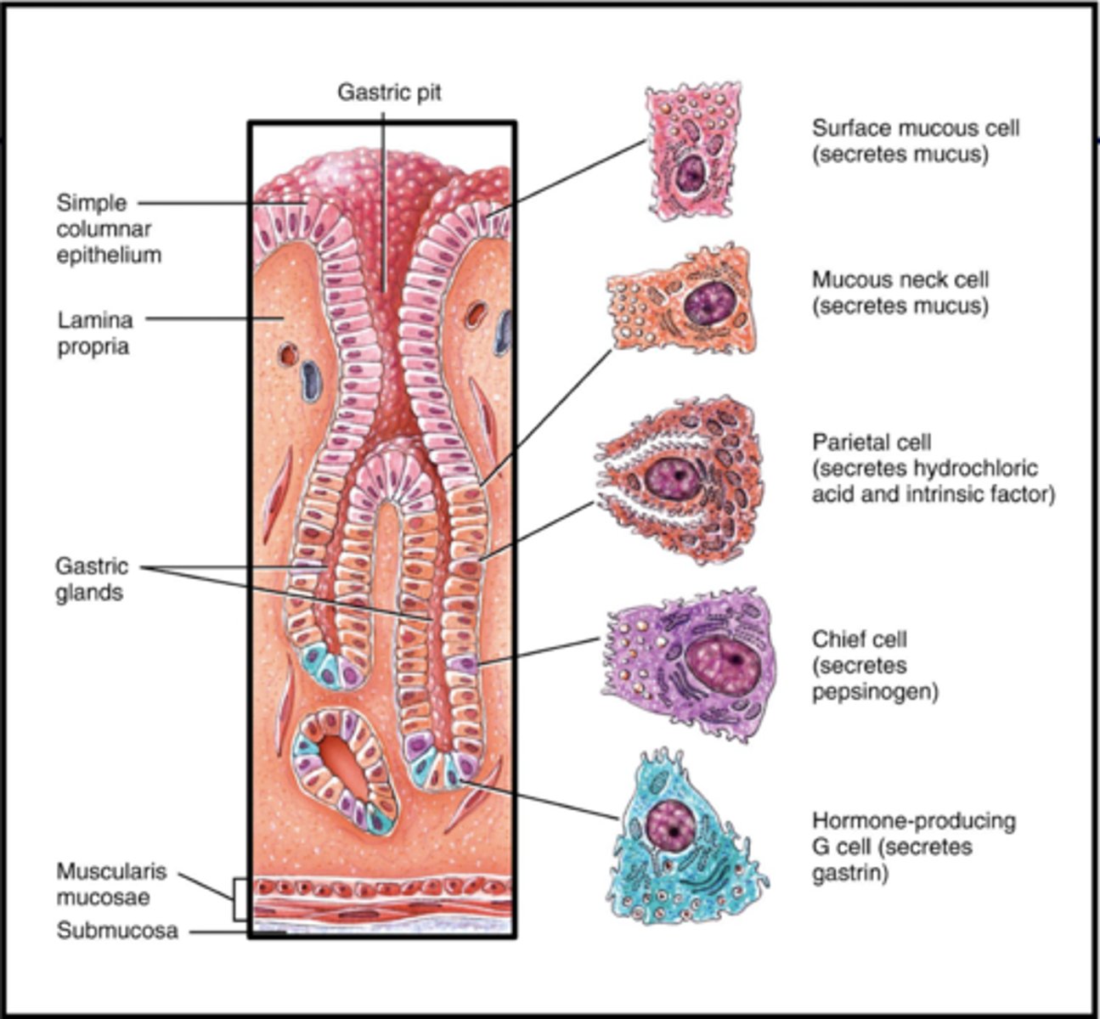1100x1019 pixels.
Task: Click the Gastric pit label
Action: [389, 92]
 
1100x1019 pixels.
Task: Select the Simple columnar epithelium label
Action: [108, 228]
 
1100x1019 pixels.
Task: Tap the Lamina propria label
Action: [94, 333]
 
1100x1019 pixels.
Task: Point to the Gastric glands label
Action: [92, 579]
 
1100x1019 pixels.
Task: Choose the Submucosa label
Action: [117, 931]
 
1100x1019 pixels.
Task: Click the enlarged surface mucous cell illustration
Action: [690, 153]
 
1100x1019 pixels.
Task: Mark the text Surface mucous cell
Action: [916, 128]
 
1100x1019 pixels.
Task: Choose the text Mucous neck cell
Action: [900, 279]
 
